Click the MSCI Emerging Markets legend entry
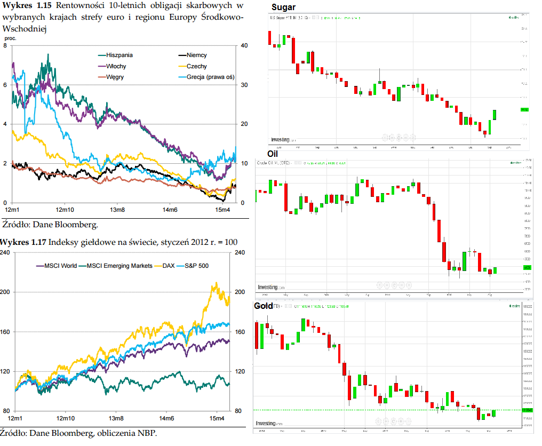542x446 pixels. tap(119, 266)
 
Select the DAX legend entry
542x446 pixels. tap(168, 266)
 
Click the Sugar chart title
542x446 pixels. tap(283, 7)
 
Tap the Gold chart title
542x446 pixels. tap(264, 306)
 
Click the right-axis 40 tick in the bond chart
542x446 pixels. tap(244, 45)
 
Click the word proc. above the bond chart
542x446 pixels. tap(10, 38)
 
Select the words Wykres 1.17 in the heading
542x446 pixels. tap(23, 242)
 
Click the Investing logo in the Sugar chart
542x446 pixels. tap(280, 140)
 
